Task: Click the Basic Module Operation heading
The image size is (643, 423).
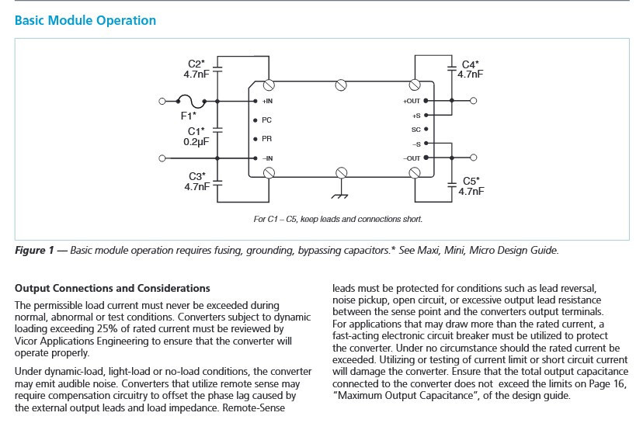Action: pos(85,20)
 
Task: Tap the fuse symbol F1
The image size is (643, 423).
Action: pos(191,101)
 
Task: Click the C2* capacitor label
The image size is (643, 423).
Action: pos(196,64)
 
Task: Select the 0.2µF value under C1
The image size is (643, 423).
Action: pos(196,142)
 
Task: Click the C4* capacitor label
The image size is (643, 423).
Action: pos(471,64)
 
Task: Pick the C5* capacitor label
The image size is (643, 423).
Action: pos(471,181)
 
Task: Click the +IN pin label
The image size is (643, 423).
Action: pos(267,101)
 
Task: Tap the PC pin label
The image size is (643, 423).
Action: pos(266,120)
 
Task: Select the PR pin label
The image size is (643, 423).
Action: pos(266,139)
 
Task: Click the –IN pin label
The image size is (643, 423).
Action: pos(267,158)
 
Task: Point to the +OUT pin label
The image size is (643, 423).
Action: pos(412,101)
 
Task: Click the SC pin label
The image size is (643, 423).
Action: pos(416,130)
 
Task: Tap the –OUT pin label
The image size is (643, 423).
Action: pos(412,158)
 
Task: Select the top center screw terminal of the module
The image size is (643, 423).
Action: pos(341,85)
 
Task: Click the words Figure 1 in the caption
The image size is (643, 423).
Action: pos(34,251)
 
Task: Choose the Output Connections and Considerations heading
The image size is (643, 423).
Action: pos(113,288)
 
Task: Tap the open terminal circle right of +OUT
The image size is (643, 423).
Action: pos(473,101)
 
